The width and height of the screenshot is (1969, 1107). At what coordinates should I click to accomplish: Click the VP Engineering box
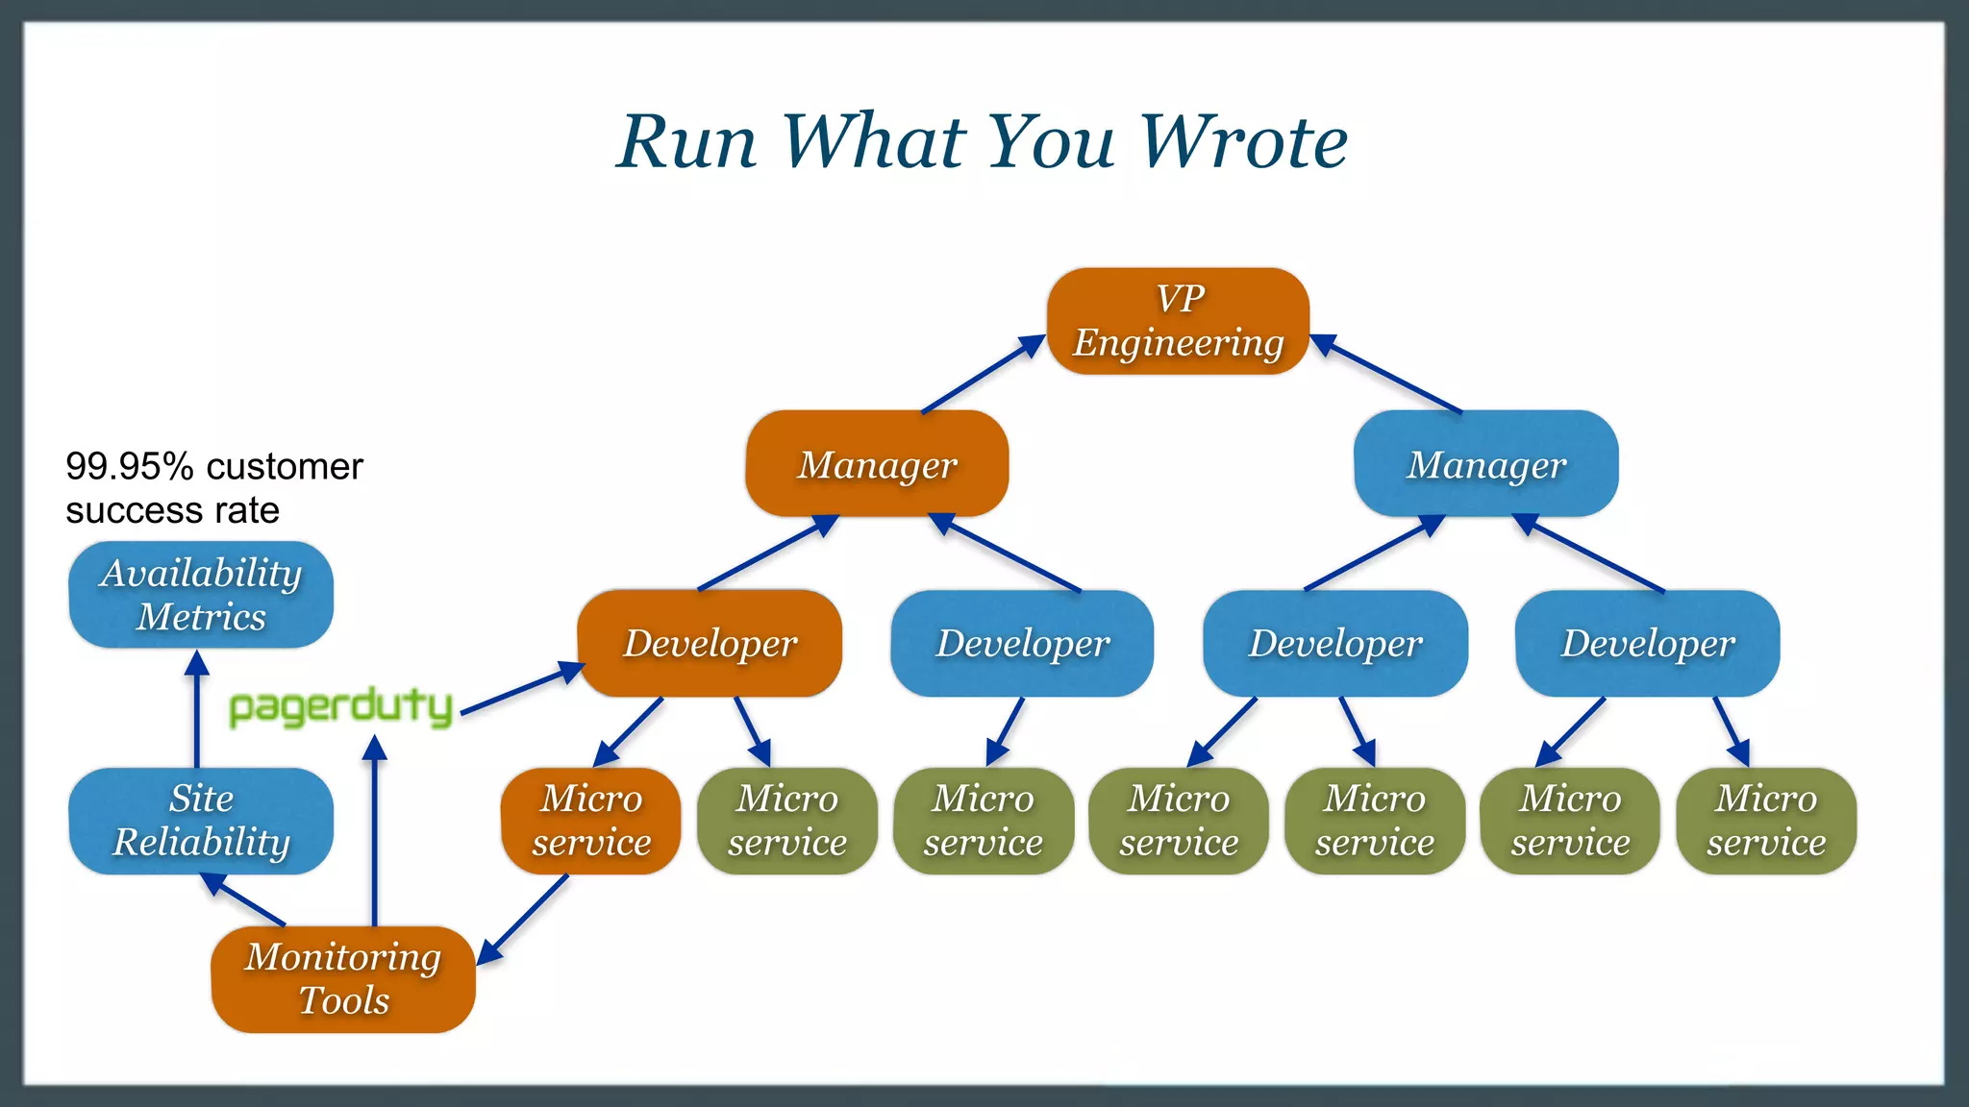point(1178,321)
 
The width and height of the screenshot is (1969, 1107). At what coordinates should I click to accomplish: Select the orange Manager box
point(877,464)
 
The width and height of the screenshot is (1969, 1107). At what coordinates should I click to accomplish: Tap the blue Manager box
point(1485,464)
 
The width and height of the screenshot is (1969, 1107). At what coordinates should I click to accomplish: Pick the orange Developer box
point(710,643)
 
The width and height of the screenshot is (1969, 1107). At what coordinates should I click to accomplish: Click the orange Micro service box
point(590,821)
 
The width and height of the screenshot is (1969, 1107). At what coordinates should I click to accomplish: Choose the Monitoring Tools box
point(343,978)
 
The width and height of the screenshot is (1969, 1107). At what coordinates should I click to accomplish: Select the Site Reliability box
point(201,821)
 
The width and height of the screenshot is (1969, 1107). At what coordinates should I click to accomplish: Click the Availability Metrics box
point(201,595)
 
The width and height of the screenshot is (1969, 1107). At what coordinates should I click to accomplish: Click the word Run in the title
point(686,142)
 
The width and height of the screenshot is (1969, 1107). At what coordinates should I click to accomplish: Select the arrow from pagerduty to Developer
point(520,690)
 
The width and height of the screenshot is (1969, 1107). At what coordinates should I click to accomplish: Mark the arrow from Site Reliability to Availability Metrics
point(197,711)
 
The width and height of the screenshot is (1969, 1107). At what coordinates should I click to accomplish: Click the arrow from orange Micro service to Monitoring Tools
point(523,919)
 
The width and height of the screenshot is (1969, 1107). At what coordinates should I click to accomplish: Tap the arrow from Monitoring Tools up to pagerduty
point(374,831)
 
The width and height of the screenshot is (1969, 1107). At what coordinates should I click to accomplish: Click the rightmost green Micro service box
point(1765,821)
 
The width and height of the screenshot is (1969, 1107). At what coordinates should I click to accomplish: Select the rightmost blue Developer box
point(1647,643)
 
